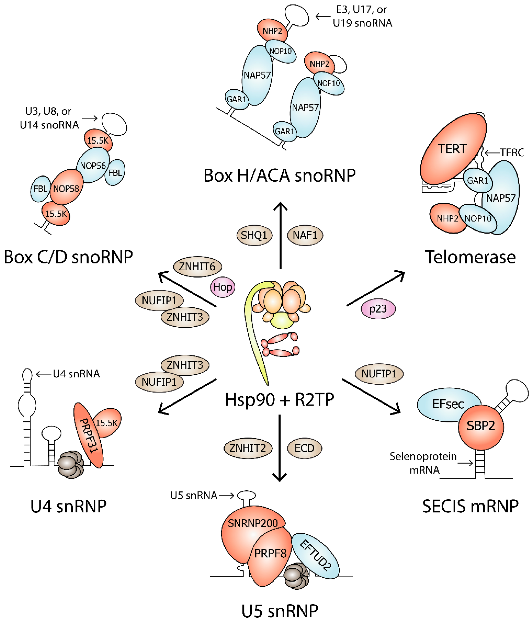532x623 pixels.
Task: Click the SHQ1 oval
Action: point(254,235)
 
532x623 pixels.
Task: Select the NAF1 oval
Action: point(305,235)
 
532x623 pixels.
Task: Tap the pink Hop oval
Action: point(222,287)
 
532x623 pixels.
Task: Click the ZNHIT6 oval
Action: point(197,266)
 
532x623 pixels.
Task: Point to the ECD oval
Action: point(304,448)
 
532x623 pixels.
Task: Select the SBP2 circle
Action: point(481,426)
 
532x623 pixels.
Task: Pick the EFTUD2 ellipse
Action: point(316,556)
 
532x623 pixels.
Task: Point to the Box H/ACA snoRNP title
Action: point(280,176)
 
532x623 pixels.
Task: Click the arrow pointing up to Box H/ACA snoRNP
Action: point(280,235)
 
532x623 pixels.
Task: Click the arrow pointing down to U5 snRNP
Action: point(280,448)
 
